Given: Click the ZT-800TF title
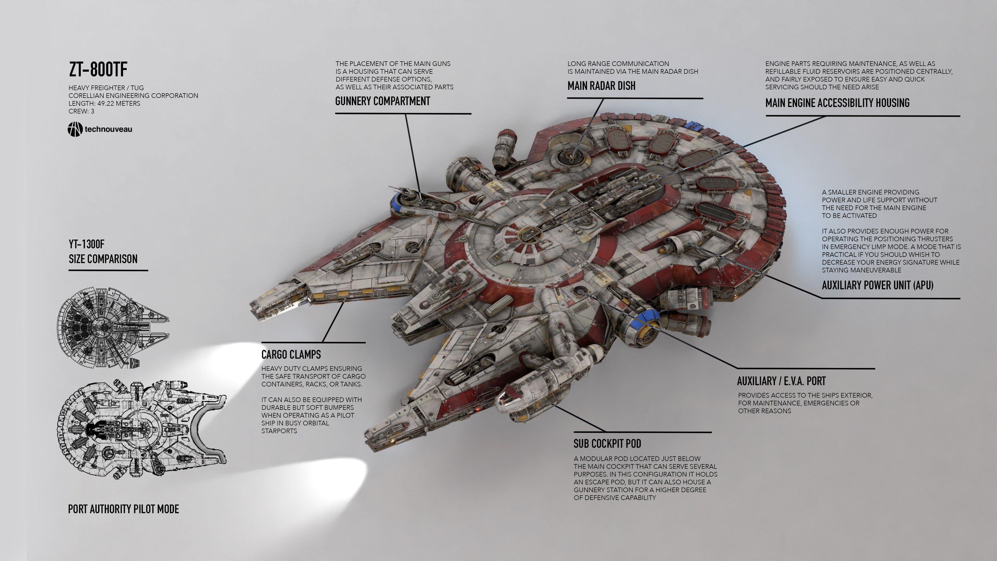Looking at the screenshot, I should tap(98, 70).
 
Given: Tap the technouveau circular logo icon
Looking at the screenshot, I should tap(75, 129).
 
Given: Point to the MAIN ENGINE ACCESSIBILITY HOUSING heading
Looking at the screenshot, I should tap(837, 103).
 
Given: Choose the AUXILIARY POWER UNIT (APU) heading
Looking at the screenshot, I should tap(877, 286).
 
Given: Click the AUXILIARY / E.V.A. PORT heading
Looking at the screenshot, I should tap(781, 381).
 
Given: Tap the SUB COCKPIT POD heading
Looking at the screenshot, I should tap(607, 444).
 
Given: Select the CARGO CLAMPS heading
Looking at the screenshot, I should tap(291, 355).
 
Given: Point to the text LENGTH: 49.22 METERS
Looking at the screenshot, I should tap(104, 103).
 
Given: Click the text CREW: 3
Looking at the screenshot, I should tap(81, 111).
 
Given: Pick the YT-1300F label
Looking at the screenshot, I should tap(86, 244).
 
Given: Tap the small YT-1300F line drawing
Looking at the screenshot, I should tap(112, 327).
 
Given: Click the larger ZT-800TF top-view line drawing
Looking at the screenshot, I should tap(141, 428).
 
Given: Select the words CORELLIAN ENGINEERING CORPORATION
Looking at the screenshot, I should tap(133, 96).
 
